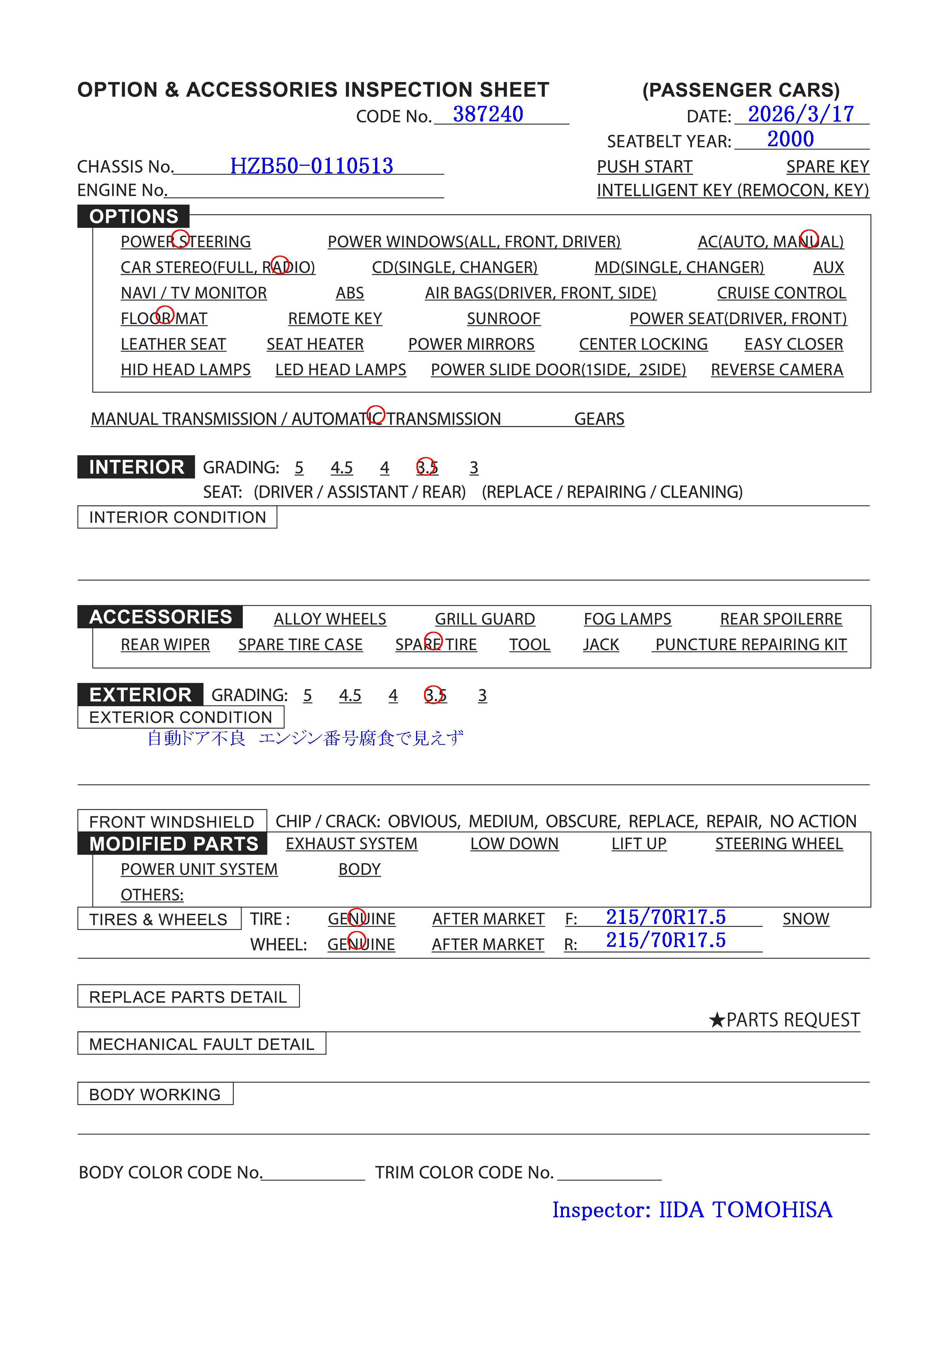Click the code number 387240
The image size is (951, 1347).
488,114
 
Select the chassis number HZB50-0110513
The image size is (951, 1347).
311,166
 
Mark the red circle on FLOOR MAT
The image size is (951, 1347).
165,315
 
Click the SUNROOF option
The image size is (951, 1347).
503,319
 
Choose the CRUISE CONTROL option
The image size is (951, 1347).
781,293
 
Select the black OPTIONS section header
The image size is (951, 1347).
134,216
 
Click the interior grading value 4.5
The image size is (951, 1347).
341,467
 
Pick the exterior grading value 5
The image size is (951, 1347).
307,695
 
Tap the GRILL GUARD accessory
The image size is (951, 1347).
484,619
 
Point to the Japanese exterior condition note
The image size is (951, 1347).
305,738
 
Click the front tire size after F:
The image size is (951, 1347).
665,917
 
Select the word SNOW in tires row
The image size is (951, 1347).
806,919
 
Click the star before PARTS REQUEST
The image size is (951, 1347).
716,1020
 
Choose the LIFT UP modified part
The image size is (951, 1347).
638,844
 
